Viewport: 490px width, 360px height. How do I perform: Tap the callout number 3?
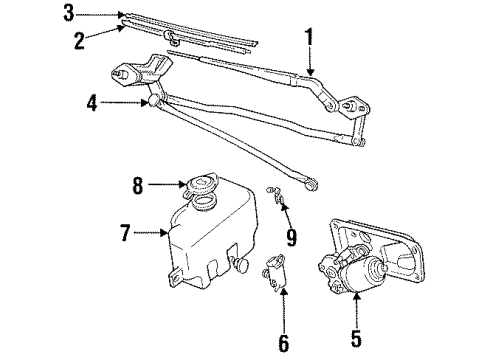[68, 13]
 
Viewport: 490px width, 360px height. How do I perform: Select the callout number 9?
[290, 239]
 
